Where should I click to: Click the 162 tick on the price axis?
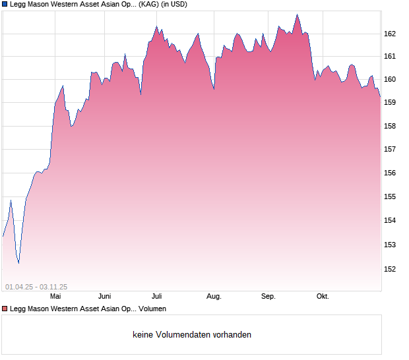(390, 34)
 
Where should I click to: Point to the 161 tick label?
(390, 57)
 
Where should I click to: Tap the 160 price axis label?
(390, 80)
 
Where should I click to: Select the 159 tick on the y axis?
(390, 103)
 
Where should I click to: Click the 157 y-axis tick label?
(390, 150)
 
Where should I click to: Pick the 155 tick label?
(390, 197)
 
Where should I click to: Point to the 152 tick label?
(390, 269)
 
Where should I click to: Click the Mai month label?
(55, 297)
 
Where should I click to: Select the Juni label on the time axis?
(104, 297)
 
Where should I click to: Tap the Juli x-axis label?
(157, 297)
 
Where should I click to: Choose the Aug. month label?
(214, 297)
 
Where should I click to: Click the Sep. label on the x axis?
(268, 297)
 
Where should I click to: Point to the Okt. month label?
(323, 297)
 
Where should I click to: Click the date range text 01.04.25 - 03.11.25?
(36, 287)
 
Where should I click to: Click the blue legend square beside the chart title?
(5, 5)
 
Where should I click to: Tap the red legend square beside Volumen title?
(5, 309)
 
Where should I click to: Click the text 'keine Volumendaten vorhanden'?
(192, 335)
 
